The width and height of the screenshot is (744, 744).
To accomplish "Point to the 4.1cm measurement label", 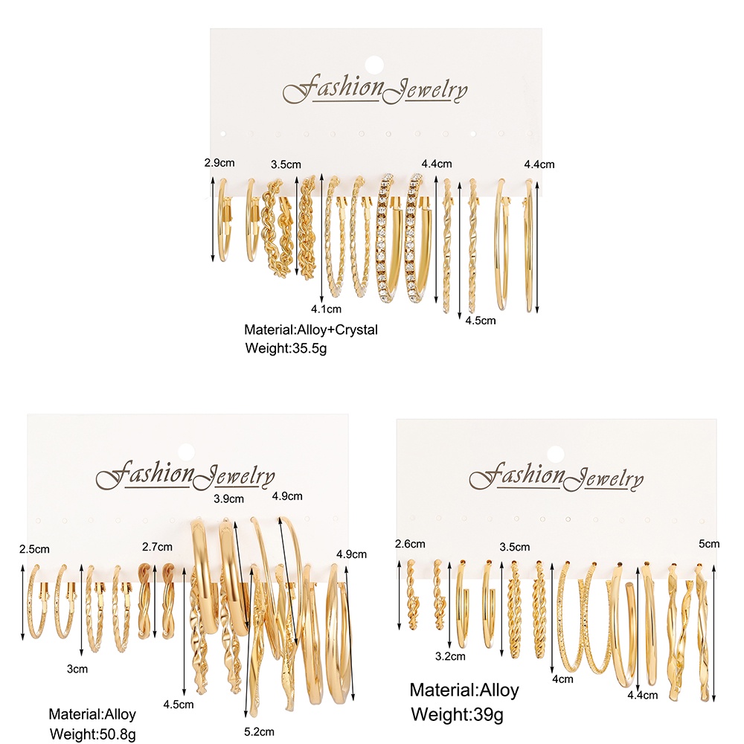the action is pos(327,309).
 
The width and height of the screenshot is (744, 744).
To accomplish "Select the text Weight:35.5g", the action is pos(286,347).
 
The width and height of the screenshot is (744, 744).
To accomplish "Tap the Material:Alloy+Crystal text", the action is pos(311,329).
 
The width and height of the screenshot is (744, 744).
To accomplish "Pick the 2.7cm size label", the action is pos(157,547).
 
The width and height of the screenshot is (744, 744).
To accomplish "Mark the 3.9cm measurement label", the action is pos(228,498).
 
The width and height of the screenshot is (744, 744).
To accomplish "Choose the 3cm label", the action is pos(77,669).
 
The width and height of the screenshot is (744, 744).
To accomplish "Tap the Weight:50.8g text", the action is pos(92,734).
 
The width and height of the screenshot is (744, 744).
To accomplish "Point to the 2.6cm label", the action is pos(410,544).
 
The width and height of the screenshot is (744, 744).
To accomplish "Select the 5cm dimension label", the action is pos(710,544).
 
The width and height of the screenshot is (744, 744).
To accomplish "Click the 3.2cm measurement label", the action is pos(451,656).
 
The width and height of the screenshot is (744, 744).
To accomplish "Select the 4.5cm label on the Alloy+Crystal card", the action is pos(480,321).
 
